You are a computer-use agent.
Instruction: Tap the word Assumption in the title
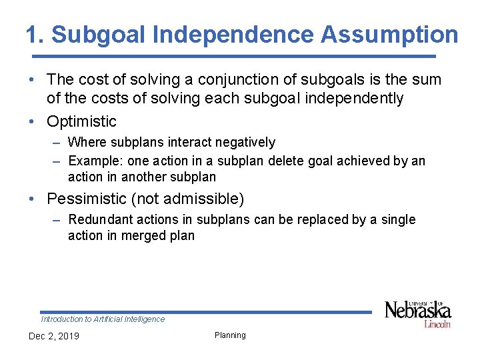coord(389,35)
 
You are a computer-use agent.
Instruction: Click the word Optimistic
coord(81,121)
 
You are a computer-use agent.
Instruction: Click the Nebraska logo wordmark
coord(417,310)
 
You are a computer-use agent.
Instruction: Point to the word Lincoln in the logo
coord(437,324)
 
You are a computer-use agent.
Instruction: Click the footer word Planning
coord(230,335)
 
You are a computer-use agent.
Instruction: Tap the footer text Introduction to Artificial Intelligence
coord(103,319)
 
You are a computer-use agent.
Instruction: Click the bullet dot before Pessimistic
coord(33,199)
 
